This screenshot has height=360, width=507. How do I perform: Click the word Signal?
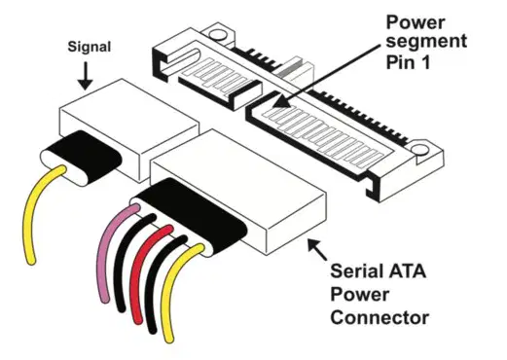pos(90,48)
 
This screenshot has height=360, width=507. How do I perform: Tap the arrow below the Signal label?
pos(86,76)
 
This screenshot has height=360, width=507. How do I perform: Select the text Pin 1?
pos(408,62)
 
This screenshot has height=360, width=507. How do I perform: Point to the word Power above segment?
pos(416,22)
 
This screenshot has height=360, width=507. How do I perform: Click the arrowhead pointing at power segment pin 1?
pos(283,101)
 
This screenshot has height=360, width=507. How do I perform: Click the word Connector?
pos(380,318)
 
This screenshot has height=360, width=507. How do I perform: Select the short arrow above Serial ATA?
pos(317,249)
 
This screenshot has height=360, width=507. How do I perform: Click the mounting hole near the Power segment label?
pos(217,34)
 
